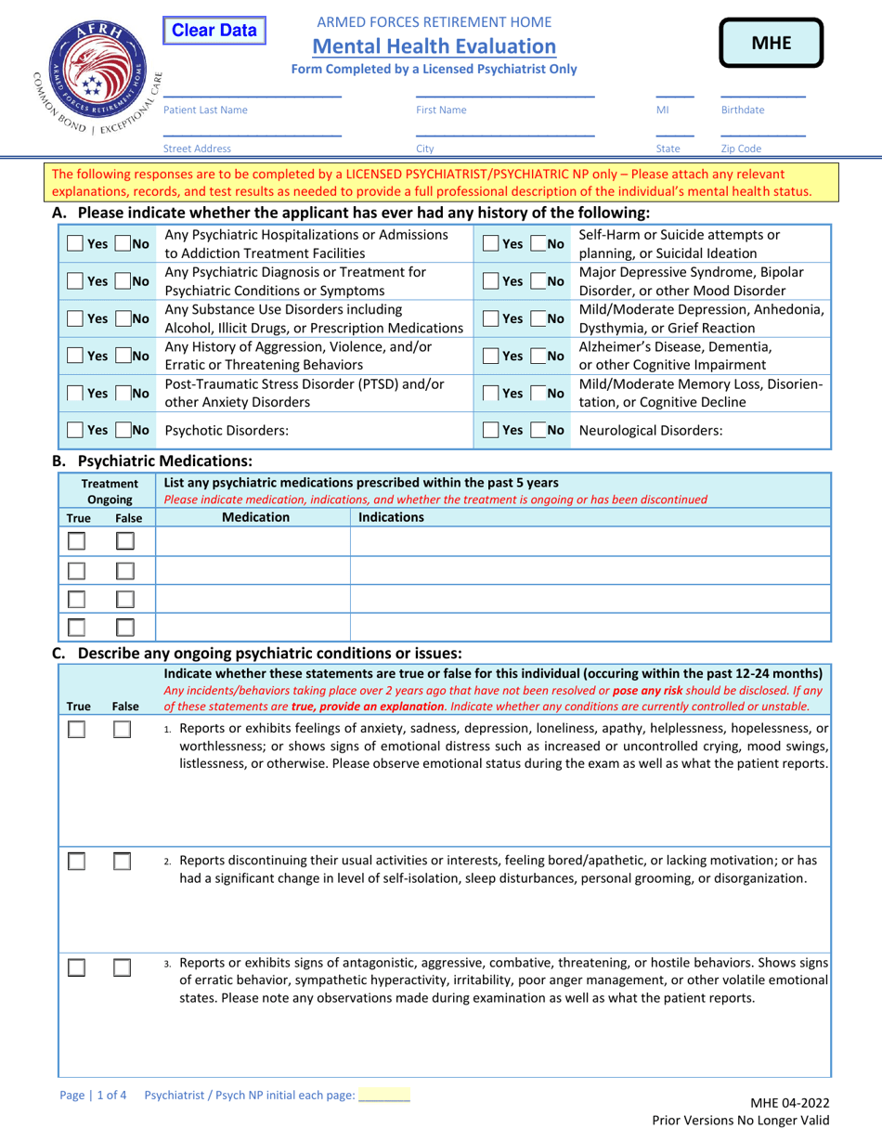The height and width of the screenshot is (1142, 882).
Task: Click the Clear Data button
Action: (215, 31)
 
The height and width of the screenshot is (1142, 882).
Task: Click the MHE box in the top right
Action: (771, 43)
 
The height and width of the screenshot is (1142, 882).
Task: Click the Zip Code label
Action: (741, 148)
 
